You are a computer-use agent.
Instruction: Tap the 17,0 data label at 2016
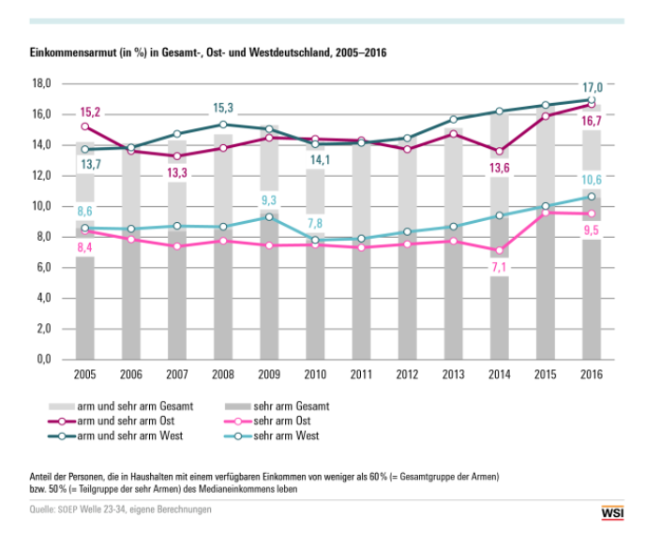[x=592, y=87]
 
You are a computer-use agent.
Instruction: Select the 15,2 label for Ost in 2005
[x=91, y=111]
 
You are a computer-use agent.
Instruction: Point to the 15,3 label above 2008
[x=223, y=108]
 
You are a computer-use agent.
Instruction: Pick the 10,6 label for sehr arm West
[x=592, y=180]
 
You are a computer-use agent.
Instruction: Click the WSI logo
[x=611, y=511]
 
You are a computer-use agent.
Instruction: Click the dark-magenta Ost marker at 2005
[x=85, y=126]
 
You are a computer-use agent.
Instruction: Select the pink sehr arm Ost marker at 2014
[x=500, y=250]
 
